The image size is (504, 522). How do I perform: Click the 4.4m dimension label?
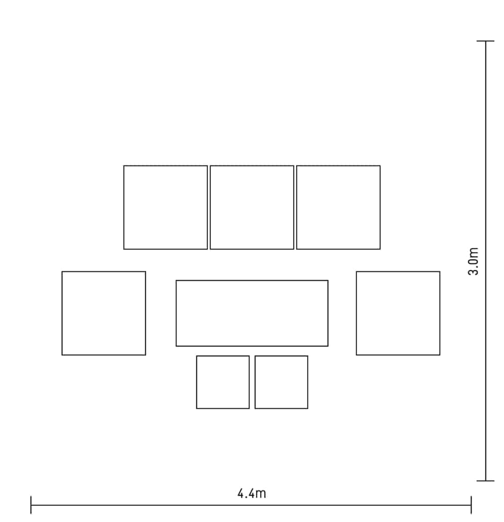(x=252, y=494)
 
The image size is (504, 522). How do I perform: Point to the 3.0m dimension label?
(x=473, y=262)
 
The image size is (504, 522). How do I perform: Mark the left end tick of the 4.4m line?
(x=31, y=505)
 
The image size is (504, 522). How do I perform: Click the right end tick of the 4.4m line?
(x=471, y=505)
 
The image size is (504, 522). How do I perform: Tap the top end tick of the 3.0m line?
(x=485, y=41)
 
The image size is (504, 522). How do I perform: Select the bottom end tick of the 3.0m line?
(x=485, y=481)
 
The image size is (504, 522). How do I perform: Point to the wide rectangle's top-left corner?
(x=176, y=281)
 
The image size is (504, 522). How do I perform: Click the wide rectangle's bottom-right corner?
(x=328, y=346)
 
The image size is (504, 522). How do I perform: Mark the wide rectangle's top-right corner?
(x=328, y=281)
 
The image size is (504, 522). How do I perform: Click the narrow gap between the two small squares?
(x=252, y=382)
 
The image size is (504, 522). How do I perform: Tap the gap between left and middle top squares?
(x=209, y=207)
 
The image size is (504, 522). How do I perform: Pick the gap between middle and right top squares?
(x=295, y=207)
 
